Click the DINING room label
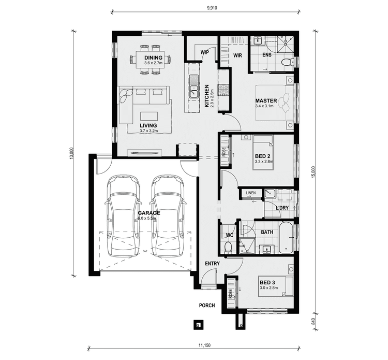[x=153, y=57]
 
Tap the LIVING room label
[x=148, y=125]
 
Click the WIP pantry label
[x=204, y=52]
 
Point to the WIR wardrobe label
[x=238, y=55]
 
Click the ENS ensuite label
[x=267, y=55]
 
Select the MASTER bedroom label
[x=266, y=100]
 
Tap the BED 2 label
[x=262, y=156]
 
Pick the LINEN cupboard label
[x=251, y=193]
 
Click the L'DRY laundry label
[x=282, y=208]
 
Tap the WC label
[x=230, y=235]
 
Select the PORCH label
[x=207, y=306]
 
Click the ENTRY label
[x=212, y=264]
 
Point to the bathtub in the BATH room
[x=286, y=238]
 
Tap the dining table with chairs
[x=150, y=63]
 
